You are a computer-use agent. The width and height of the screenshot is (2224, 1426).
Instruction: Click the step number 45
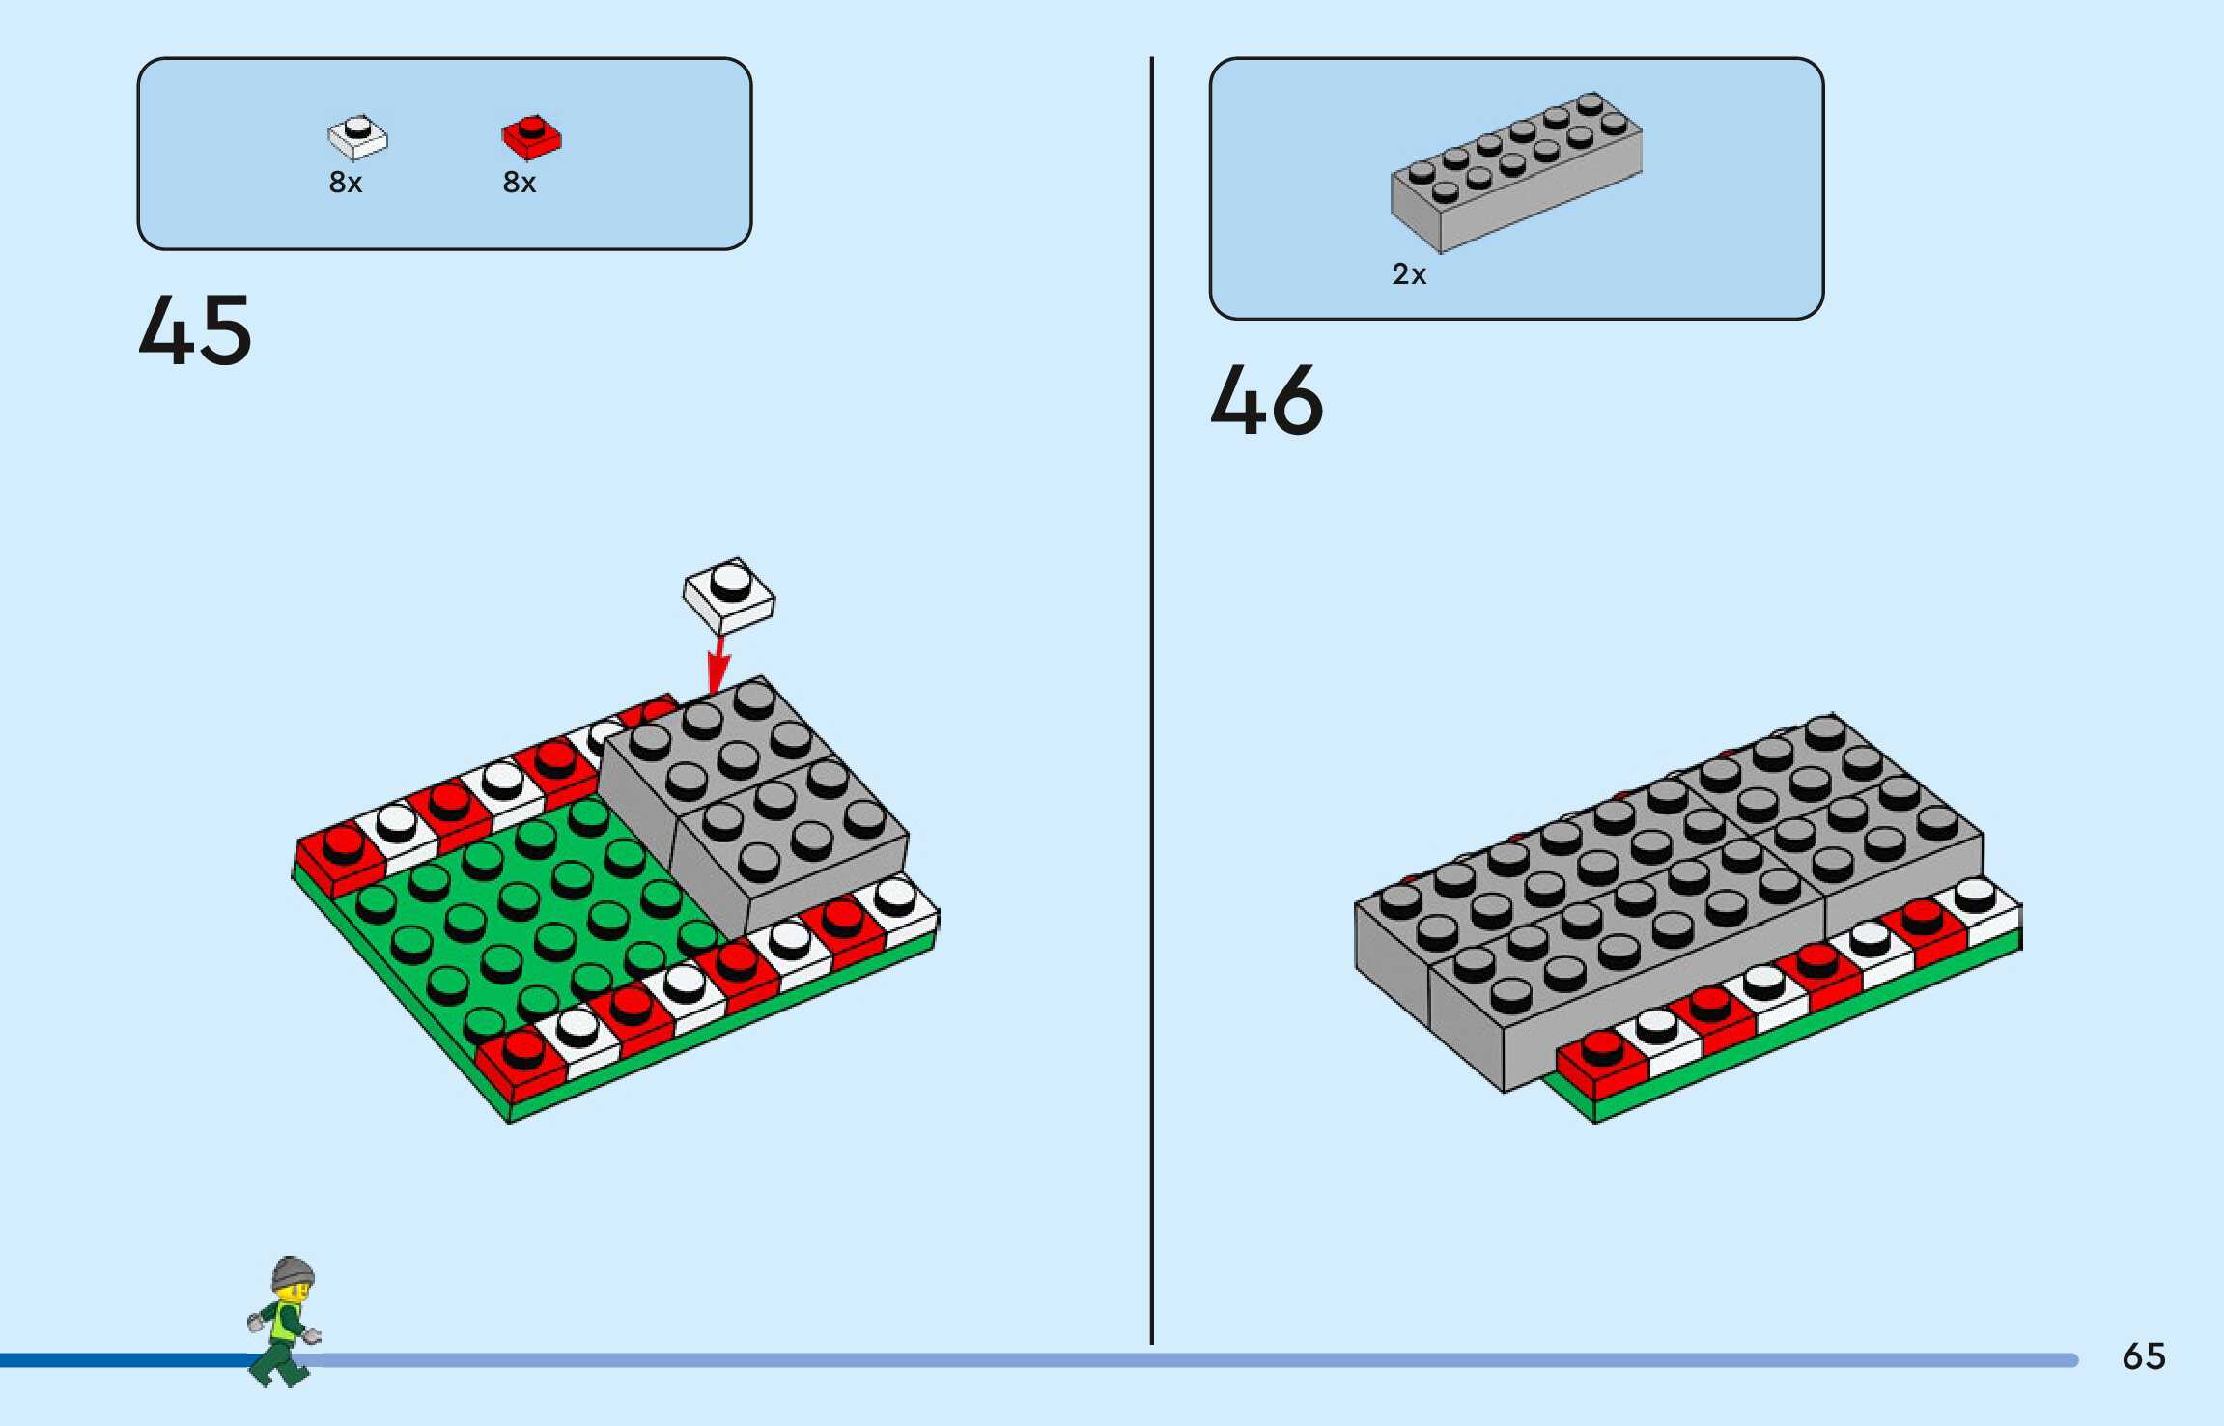[x=195, y=330]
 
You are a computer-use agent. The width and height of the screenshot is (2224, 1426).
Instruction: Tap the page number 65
[x=2144, y=1356]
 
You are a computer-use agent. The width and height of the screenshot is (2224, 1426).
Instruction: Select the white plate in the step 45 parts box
[x=357, y=137]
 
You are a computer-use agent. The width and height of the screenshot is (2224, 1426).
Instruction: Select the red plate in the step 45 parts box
[x=531, y=137]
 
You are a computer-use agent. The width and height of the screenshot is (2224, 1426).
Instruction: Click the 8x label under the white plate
[x=346, y=183]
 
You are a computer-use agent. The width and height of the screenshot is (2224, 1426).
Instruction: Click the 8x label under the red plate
[x=520, y=183]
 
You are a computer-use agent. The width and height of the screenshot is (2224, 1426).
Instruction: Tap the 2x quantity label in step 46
[x=1409, y=275]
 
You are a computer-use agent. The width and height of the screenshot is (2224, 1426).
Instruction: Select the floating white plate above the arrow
[x=729, y=595]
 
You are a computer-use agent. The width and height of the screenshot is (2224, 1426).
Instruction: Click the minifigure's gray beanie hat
[x=293, y=1272]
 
